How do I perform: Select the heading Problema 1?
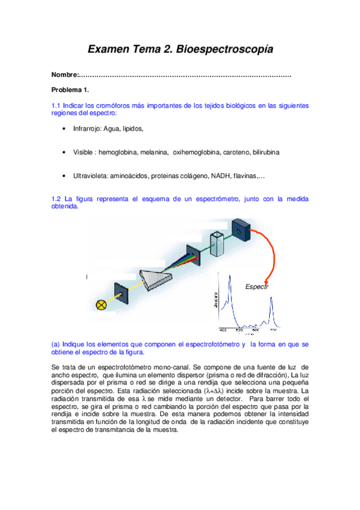(x=70, y=90)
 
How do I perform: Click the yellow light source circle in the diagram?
(x=102, y=304)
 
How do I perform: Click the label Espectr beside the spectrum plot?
(x=256, y=287)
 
